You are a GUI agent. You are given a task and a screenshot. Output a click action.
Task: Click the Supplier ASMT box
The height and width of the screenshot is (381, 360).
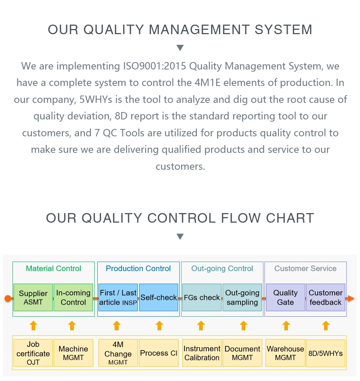click(x=33, y=297)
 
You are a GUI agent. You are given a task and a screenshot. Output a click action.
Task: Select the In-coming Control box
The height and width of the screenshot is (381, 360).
click(x=73, y=297)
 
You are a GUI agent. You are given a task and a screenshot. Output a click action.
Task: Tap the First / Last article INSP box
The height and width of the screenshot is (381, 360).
click(x=118, y=297)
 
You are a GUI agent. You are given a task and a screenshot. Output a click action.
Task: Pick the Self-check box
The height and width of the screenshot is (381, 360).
click(x=159, y=297)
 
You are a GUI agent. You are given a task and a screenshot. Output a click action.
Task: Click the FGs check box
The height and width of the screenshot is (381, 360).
click(x=202, y=297)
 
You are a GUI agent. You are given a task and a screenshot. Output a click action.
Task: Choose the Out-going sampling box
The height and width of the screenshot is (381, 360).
click(x=242, y=297)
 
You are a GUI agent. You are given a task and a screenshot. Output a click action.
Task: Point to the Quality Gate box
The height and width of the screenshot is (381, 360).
click(x=285, y=297)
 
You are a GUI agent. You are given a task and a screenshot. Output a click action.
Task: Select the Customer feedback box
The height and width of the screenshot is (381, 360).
click(x=325, y=297)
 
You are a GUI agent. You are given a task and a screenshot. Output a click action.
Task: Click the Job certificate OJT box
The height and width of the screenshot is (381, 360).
click(x=33, y=353)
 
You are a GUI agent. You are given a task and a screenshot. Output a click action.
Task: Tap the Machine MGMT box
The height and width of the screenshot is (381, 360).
click(x=73, y=353)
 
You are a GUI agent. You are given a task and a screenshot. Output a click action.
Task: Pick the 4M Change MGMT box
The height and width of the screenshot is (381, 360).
click(x=118, y=353)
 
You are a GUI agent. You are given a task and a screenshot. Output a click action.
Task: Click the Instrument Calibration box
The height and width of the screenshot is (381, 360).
click(x=202, y=353)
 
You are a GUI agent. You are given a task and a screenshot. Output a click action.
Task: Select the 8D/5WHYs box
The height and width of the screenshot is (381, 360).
click(x=325, y=353)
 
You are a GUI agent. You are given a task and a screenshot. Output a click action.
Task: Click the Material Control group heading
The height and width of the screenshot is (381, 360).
click(x=53, y=269)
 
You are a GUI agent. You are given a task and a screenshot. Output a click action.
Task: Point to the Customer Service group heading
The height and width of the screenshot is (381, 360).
click(x=305, y=269)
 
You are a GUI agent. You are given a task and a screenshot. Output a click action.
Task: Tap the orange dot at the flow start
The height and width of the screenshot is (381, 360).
click(x=8, y=298)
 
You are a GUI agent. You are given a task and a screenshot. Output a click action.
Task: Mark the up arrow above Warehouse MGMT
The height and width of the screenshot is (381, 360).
click(x=286, y=326)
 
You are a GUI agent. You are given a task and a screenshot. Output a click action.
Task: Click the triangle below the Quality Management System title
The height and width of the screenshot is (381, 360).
click(x=180, y=48)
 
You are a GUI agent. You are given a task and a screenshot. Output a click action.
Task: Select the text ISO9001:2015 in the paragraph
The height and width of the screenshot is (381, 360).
click(x=155, y=66)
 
